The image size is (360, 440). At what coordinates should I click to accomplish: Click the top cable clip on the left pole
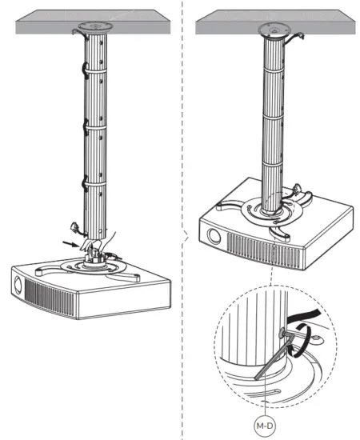82,69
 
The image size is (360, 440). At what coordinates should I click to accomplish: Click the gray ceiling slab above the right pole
232,23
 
